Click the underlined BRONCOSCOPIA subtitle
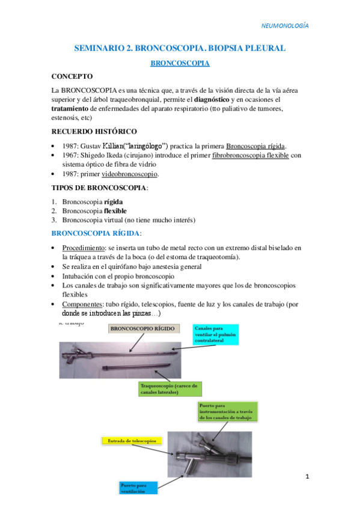point(179,62)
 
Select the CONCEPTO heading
point(72,76)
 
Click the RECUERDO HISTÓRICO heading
point(94,132)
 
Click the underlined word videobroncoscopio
point(129,174)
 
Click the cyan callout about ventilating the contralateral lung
point(215,334)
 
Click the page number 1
point(307,477)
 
